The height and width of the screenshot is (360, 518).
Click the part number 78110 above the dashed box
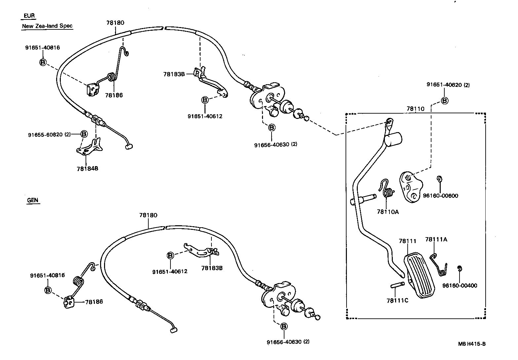[x=416, y=108]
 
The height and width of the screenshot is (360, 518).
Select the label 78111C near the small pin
[x=397, y=301]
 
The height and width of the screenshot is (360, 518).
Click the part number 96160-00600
[x=440, y=196]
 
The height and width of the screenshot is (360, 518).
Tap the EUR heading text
[x=29, y=16]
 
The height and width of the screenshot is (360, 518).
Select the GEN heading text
[x=33, y=200]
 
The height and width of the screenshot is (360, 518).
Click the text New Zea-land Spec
[x=47, y=26]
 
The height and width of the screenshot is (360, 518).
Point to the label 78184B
[x=87, y=168]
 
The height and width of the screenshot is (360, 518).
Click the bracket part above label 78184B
[x=90, y=147]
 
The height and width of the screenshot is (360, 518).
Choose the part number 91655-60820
[x=46, y=134]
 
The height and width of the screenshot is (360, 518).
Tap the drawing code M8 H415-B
[x=471, y=343]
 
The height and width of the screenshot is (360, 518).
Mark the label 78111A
[x=436, y=239]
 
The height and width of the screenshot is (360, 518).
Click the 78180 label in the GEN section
[x=148, y=215]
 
